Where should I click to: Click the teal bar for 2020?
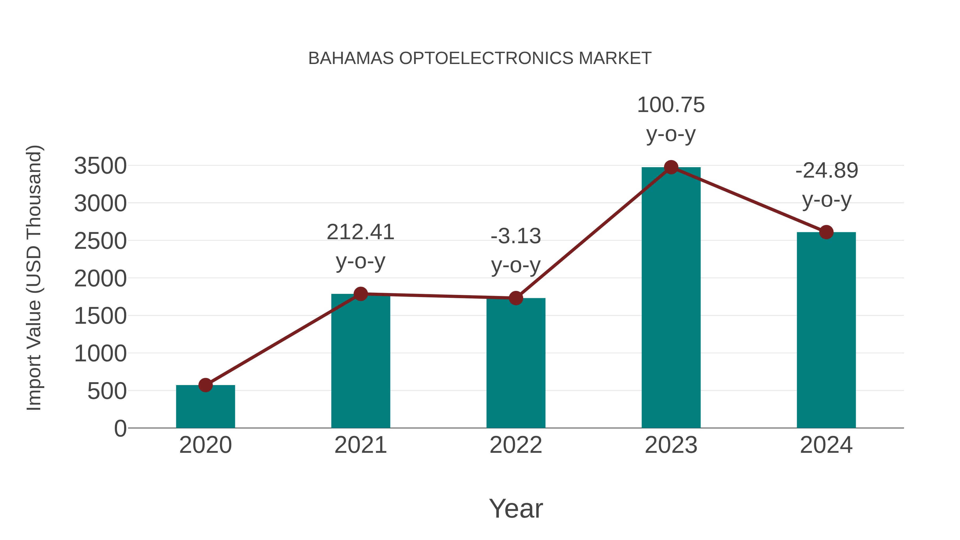pyautogui.click(x=205, y=408)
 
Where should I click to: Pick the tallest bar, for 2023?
pyautogui.click(x=671, y=298)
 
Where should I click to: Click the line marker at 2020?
pyautogui.click(x=205, y=385)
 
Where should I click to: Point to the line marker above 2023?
pyautogui.click(x=671, y=167)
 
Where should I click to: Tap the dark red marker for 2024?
pyautogui.click(x=826, y=232)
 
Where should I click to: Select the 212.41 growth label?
pyautogui.click(x=360, y=232)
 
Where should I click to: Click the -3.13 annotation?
pyautogui.click(x=516, y=236)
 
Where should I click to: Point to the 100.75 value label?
pyautogui.click(x=671, y=105)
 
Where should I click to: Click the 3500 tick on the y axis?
pyautogui.click(x=100, y=166)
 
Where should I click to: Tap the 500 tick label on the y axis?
pyautogui.click(x=107, y=391)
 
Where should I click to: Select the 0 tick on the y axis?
pyautogui.click(x=120, y=429)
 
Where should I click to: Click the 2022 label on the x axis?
pyautogui.click(x=516, y=445)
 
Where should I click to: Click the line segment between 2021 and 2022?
pyautogui.click(x=438, y=296)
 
